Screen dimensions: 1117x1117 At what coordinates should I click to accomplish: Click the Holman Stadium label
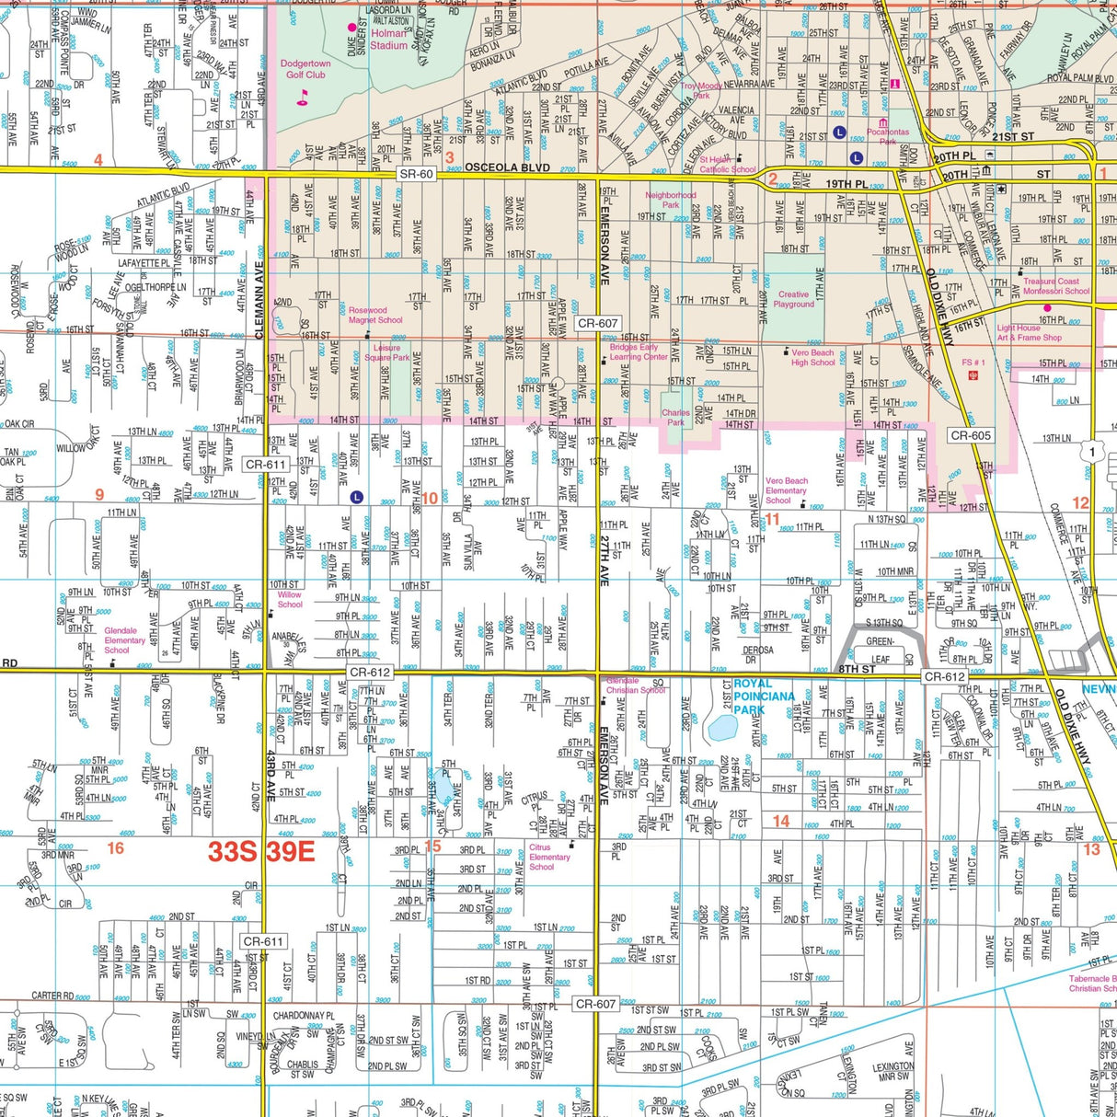[388, 39]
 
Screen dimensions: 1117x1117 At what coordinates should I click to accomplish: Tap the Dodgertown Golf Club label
[305, 70]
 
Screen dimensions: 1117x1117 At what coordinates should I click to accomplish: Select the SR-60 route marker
[416, 174]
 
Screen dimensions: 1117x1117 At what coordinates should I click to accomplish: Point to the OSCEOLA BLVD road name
[507, 167]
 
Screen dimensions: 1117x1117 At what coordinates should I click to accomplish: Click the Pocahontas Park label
[887, 137]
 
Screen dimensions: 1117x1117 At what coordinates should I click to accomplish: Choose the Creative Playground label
[793, 299]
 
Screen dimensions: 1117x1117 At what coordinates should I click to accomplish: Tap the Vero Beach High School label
[812, 357]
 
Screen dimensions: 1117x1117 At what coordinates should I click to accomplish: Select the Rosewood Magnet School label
[375, 316]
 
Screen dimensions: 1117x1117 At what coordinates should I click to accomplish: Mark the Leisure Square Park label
[386, 353]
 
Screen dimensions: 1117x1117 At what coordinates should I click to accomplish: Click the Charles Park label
[675, 418]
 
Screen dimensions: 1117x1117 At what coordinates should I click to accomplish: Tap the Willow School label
[290, 600]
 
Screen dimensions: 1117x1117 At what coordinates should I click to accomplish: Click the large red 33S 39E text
[261, 851]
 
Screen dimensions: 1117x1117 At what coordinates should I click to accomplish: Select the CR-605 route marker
[971, 435]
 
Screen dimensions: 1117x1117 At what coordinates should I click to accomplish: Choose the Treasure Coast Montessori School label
[1056, 286]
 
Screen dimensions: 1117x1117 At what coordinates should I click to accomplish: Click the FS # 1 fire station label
[973, 363]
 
